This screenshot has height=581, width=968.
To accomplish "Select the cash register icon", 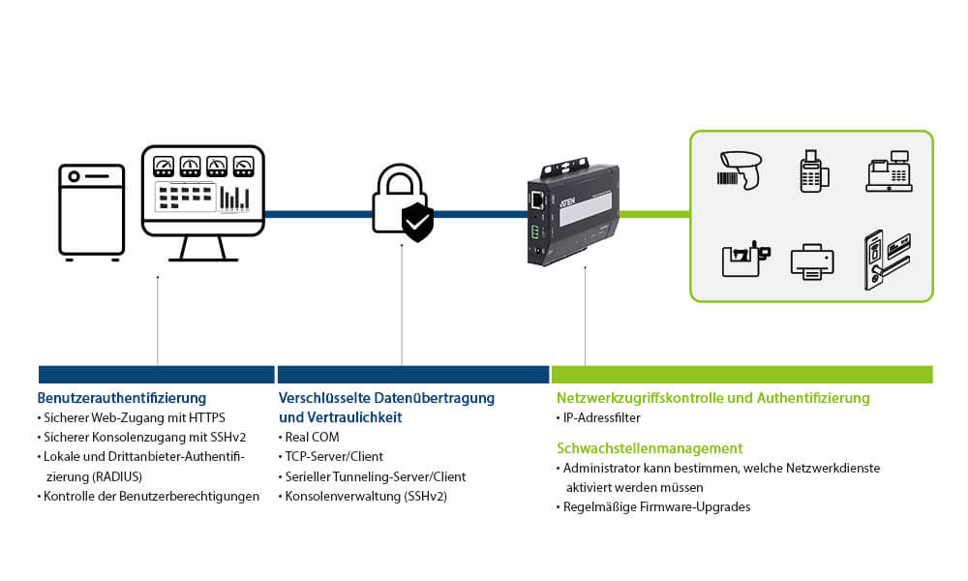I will (889, 171).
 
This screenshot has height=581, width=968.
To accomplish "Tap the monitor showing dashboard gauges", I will (203, 192).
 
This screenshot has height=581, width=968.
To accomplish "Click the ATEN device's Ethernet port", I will (535, 200).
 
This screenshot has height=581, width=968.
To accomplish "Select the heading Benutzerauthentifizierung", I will (122, 398).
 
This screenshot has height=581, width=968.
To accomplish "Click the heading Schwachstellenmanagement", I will (650, 448).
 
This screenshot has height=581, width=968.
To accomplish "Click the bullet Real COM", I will (315, 437).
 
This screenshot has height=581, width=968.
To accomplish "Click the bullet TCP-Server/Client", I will (334, 456).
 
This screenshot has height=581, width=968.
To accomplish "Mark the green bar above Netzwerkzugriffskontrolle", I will (741, 375).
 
